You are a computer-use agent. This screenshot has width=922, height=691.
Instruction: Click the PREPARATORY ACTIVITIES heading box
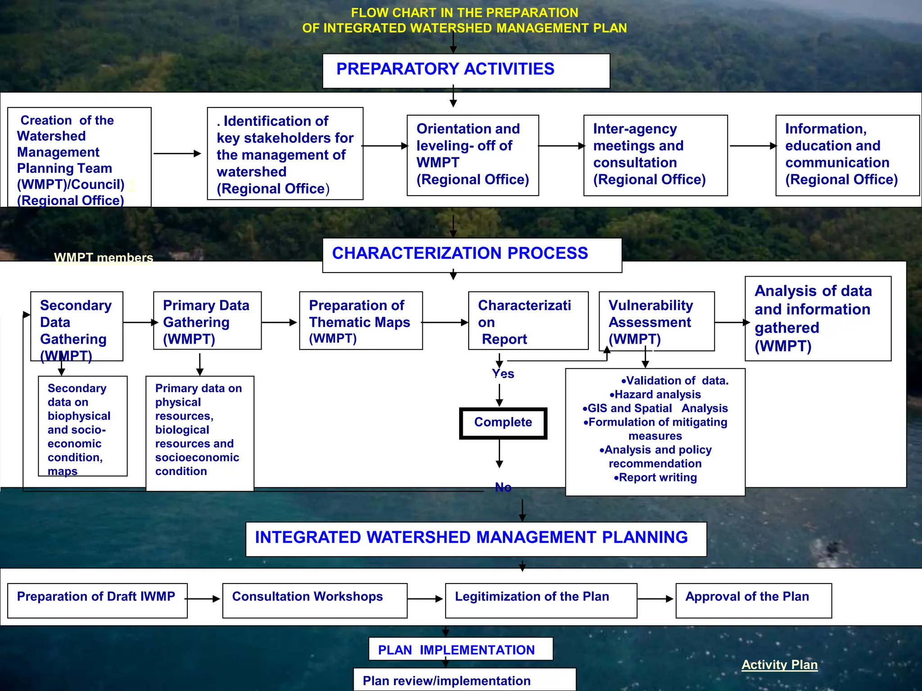click(x=466, y=71)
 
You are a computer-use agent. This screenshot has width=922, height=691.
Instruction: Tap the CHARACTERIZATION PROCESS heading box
click(x=472, y=255)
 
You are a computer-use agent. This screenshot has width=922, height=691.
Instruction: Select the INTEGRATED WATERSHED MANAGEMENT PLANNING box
click(x=476, y=538)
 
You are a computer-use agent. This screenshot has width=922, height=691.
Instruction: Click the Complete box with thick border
click(x=503, y=423)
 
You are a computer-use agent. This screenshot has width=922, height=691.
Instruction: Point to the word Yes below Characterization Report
click(x=503, y=374)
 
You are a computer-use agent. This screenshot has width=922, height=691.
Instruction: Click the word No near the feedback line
click(x=503, y=487)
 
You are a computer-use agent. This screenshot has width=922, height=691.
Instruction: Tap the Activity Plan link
click(x=779, y=664)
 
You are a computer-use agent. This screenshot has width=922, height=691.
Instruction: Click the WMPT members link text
click(x=104, y=258)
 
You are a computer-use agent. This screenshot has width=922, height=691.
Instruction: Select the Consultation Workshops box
click(x=315, y=600)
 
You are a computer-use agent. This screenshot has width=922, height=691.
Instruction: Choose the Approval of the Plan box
click(x=753, y=600)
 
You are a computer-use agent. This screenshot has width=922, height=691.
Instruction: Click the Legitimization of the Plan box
click(x=541, y=600)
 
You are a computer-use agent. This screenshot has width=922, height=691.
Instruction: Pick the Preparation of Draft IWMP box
click(x=97, y=600)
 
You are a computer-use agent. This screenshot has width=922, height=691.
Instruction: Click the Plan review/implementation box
click(x=464, y=680)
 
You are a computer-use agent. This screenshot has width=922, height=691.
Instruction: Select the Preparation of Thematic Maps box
click(x=361, y=321)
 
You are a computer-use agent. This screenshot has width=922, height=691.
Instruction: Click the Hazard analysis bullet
click(x=655, y=395)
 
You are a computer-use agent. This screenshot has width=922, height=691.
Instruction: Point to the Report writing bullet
click(x=655, y=477)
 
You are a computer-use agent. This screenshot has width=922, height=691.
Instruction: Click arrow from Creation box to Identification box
click(x=177, y=153)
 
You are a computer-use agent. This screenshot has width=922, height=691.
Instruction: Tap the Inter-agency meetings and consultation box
click(x=655, y=155)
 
